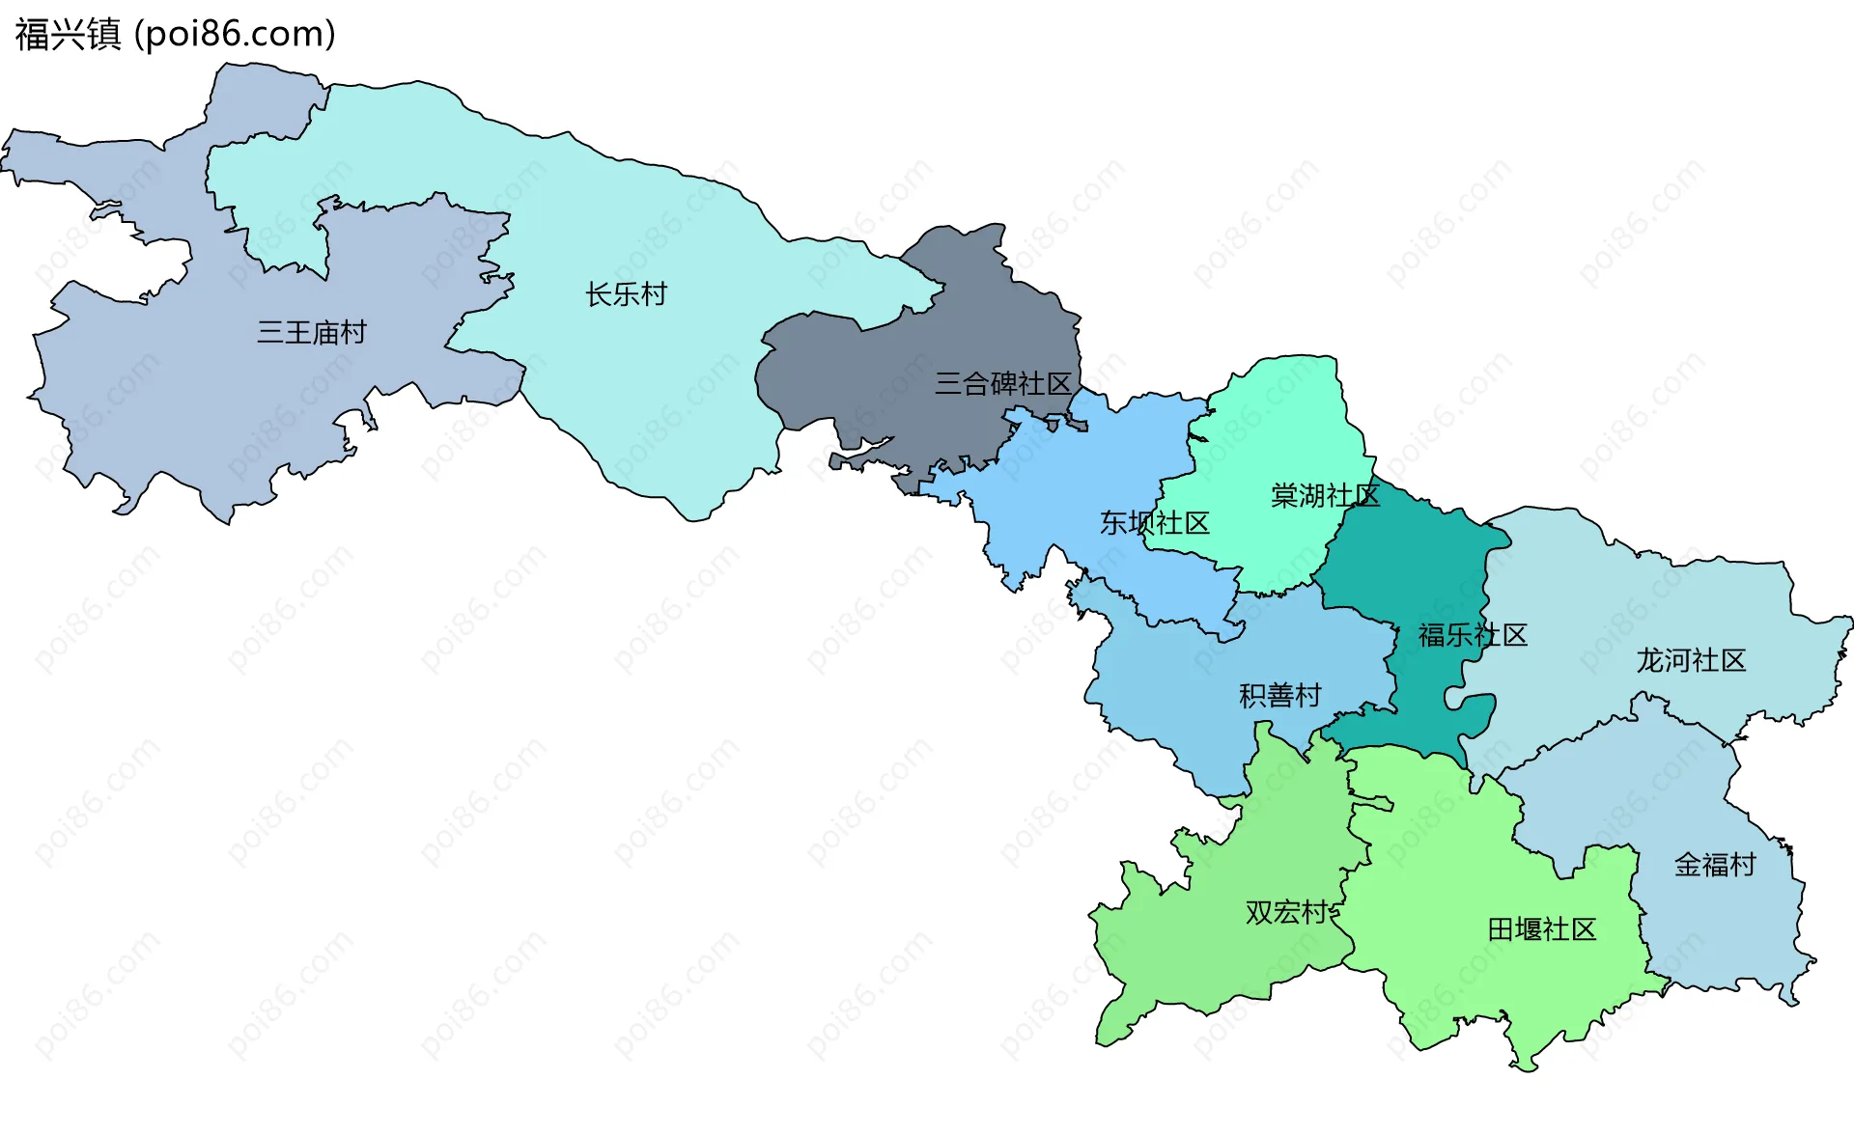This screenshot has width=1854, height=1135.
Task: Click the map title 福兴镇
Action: (x=68, y=35)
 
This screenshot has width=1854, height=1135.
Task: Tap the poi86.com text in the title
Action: (x=235, y=35)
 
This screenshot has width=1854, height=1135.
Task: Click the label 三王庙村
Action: (x=312, y=333)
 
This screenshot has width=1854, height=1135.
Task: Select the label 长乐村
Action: (x=626, y=294)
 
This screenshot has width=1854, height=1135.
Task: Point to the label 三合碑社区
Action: (x=1002, y=384)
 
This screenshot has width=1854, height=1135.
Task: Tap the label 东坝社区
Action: (x=1154, y=523)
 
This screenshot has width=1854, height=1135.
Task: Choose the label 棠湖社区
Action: (x=1325, y=496)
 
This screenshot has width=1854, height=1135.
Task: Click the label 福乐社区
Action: (x=1473, y=635)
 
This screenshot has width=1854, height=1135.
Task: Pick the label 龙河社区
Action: (x=1691, y=661)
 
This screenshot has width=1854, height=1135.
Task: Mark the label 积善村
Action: (x=1279, y=696)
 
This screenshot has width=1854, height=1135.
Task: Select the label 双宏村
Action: (x=1286, y=912)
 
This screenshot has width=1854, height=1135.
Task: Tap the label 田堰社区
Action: (x=1541, y=929)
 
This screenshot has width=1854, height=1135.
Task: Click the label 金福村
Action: (x=1715, y=865)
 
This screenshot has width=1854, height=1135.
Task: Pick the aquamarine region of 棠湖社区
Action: (x=1275, y=425)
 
